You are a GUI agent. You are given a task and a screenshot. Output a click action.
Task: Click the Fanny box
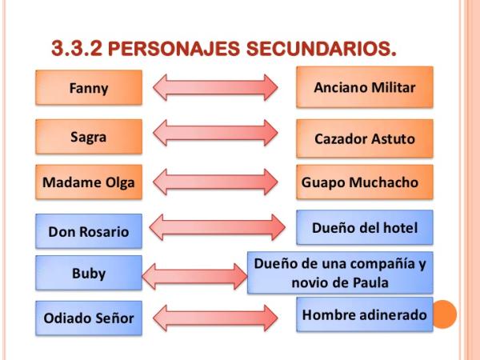[x=89, y=87]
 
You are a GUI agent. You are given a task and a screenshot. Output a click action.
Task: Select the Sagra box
[x=89, y=137]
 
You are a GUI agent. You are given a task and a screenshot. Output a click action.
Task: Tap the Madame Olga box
[x=89, y=183]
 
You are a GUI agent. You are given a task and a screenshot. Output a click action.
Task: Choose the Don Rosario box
[x=89, y=232]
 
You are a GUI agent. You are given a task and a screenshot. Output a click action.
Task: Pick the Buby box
[x=89, y=274]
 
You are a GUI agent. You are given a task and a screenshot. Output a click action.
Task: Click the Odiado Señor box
[x=89, y=318]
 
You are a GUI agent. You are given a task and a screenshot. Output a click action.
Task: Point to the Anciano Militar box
[x=364, y=87]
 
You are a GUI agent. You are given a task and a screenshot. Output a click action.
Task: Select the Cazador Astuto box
[x=364, y=138]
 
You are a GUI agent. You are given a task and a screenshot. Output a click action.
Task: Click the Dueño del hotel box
[x=364, y=228]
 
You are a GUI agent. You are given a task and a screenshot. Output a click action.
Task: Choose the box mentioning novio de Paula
[x=350, y=272]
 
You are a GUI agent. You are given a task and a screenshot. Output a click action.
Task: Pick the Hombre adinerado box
[x=364, y=315]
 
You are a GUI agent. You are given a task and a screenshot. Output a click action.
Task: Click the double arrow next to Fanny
[x=215, y=86]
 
